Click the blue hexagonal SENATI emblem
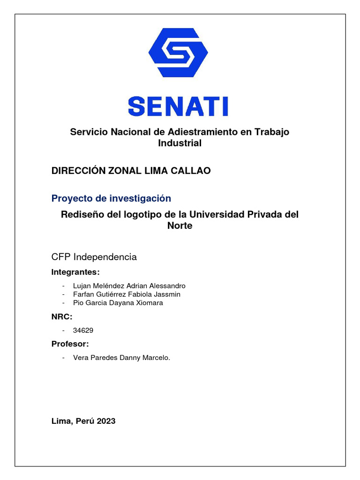click(178, 52)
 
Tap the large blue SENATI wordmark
click(178, 106)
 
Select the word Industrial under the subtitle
click(180, 143)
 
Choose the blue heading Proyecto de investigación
click(111, 198)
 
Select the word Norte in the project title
click(180, 225)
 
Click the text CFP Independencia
click(94, 257)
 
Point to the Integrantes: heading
click(75, 273)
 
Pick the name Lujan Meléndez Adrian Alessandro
click(129, 286)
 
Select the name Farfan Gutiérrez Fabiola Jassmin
click(127, 294)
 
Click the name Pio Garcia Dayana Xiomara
click(118, 303)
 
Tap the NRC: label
click(62, 317)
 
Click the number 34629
click(83, 330)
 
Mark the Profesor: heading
click(70, 345)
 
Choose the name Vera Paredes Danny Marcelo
click(121, 358)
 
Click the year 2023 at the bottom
click(106, 421)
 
